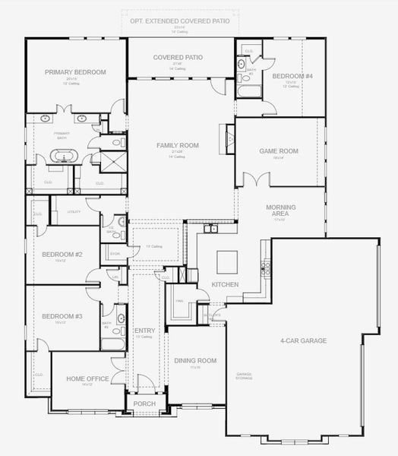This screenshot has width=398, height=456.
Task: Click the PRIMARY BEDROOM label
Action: [74, 72]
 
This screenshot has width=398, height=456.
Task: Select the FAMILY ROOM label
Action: [178, 145]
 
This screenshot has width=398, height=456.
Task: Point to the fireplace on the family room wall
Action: [229, 138]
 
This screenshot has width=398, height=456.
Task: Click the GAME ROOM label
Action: [278, 151]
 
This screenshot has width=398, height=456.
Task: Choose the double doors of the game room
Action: [256, 180]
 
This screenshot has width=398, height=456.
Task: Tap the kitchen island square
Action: [227, 261]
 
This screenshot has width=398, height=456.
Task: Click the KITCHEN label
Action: [225, 285]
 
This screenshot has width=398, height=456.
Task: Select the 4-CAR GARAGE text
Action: [303, 340]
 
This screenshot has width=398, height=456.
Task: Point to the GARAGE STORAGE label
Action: [244, 375]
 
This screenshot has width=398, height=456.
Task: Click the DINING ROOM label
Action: [196, 360]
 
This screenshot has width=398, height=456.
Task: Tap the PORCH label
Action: [144, 404]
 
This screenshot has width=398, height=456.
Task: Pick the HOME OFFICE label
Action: [87, 378]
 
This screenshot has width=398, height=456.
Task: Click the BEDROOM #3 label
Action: [62, 316]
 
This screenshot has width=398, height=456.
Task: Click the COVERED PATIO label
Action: [178, 57]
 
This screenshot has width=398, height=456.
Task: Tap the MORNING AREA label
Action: [280, 211]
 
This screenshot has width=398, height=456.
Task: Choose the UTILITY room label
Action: [74, 212]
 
